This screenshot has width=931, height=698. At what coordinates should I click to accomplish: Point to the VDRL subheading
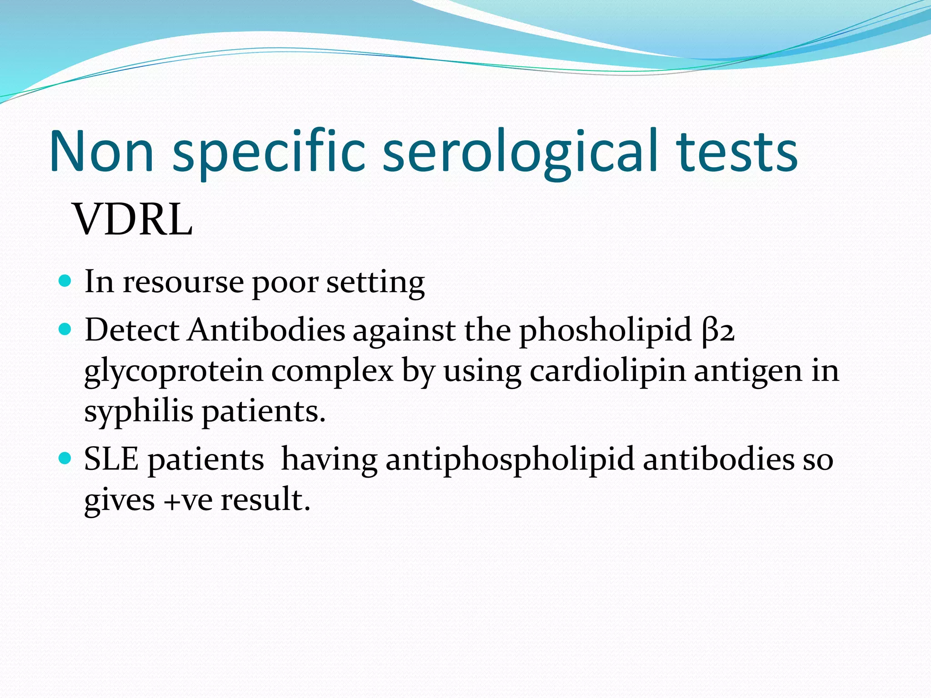133,220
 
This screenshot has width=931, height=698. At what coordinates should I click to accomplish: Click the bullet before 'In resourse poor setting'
65,281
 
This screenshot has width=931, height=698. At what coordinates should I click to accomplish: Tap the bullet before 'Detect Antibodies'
65,329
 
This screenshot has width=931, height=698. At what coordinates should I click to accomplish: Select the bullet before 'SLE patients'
65,458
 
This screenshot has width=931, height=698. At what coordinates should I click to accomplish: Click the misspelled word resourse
183,282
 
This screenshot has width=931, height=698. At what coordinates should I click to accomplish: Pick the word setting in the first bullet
375,283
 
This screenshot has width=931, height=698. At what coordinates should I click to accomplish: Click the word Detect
132,329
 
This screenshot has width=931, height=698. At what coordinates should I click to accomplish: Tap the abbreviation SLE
111,459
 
